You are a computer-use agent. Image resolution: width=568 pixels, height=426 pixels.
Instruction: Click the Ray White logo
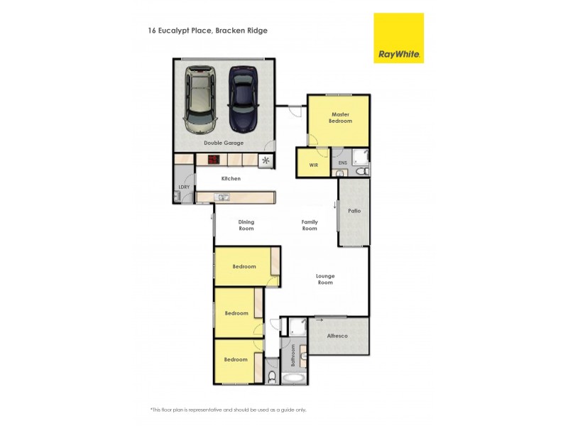coord(398,38)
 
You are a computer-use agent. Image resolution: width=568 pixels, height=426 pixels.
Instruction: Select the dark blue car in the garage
coord(243,98)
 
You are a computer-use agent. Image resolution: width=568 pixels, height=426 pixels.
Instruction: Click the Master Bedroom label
coord(340,118)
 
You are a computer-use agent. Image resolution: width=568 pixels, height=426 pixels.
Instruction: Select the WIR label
coord(313,165)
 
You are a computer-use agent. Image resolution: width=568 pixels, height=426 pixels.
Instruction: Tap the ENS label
coord(342,163)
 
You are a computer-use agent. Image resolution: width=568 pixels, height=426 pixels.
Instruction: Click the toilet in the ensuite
coord(360,172)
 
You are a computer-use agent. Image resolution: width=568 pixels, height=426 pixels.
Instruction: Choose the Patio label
coord(354,211)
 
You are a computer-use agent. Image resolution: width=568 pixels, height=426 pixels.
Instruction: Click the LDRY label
coord(184,187)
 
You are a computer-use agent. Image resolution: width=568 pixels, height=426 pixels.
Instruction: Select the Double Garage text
coord(224,143)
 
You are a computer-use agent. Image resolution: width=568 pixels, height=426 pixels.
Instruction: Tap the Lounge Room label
coord(325,279)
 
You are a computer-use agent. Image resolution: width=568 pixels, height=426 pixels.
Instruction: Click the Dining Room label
coord(246,225)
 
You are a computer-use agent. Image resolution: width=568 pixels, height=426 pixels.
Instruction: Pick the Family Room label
coord(310,225)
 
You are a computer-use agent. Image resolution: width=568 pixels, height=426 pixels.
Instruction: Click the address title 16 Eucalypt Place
coord(207,31)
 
